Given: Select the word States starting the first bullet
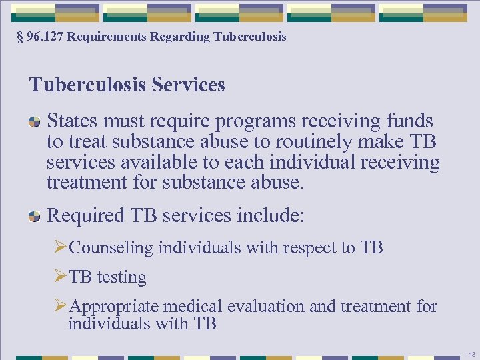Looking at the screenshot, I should coord(72,121).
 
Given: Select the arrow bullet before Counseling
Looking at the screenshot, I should coord(61,248).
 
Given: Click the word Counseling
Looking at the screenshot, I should coord(111,248).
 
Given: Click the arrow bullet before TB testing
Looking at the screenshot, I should coord(61,277).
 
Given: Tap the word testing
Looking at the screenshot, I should coord(121,277).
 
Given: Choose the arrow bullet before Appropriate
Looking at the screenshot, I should coord(61,307).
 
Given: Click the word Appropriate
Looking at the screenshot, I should coord(114,307).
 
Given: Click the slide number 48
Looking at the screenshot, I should coord(471,354).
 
